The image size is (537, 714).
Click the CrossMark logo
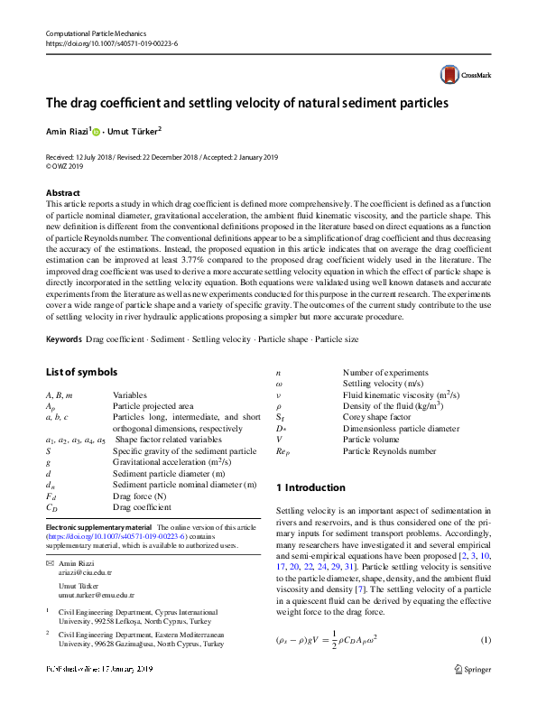click(464, 75)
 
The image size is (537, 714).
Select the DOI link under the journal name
click(111, 43)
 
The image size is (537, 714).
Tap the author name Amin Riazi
click(68, 132)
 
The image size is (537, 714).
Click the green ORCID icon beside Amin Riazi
click(97, 132)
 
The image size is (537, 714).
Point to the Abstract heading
click(62, 193)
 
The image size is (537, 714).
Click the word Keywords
click(63, 339)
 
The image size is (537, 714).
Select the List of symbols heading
click(81, 372)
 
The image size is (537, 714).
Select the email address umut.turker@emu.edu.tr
click(97, 597)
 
